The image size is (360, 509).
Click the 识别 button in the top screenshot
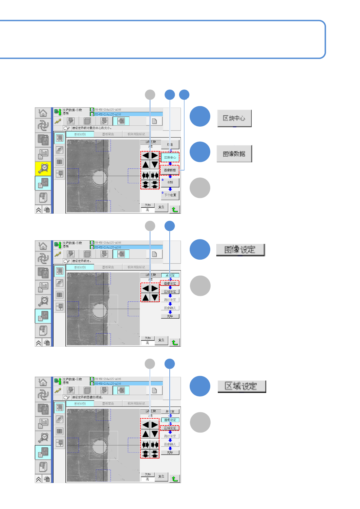(170, 183)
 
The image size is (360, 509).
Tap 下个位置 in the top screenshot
(170, 195)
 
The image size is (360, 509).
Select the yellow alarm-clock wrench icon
(43, 169)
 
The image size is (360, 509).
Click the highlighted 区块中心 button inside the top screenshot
(170, 157)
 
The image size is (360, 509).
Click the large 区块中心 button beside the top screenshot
(234, 118)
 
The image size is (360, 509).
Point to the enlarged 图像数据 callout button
(234, 154)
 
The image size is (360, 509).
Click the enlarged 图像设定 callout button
(240, 250)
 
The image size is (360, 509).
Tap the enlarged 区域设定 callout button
(241, 386)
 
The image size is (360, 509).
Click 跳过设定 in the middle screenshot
(170, 300)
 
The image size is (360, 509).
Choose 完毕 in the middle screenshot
(170, 316)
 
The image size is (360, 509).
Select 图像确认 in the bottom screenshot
(170, 444)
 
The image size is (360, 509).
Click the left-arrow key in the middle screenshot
(146, 288)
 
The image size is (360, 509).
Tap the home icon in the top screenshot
(43, 113)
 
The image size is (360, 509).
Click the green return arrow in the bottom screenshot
(175, 478)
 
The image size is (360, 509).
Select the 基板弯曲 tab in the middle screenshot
(108, 267)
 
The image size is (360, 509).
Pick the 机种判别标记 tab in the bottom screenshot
(136, 404)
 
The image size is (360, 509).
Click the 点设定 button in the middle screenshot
(170, 275)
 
